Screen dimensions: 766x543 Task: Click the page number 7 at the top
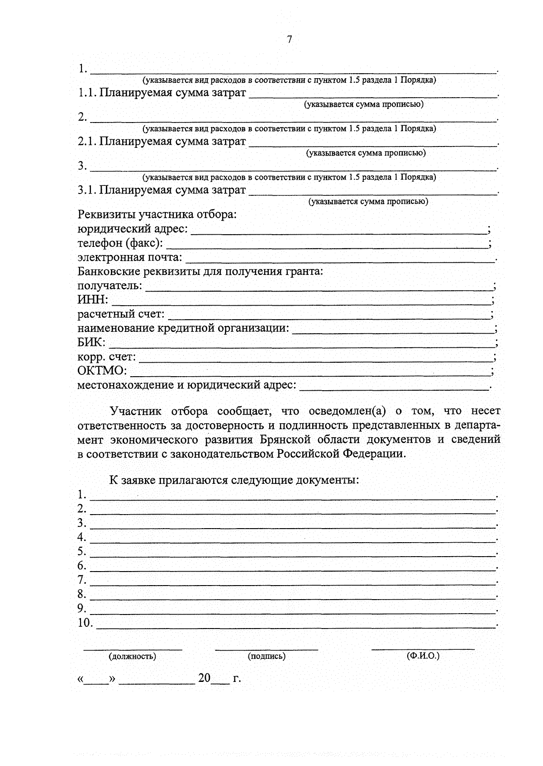tap(290, 40)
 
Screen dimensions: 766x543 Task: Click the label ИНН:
tap(93, 299)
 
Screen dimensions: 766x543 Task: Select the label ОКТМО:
tap(102, 371)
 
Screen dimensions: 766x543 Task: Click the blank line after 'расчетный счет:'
tap(329, 317)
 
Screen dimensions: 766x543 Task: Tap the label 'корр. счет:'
tap(106, 357)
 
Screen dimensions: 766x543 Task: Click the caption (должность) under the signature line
tap(132, 656)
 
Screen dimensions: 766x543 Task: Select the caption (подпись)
tap(267, 656)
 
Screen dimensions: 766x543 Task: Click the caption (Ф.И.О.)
tap(423, 655)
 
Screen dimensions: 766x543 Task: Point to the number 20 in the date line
tap(204, 678)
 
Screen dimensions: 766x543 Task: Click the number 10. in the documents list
tap(85, 623)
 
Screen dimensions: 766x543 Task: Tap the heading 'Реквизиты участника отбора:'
tap(157, 214)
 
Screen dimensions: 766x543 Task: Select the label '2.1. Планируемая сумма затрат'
tap(162, 142)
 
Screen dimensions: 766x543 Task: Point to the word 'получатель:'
tap(110, 286)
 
